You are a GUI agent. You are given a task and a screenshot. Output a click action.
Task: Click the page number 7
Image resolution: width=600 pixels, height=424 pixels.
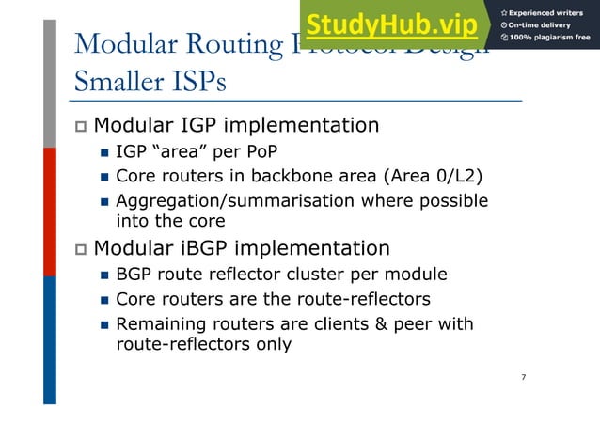(x=523, y=377)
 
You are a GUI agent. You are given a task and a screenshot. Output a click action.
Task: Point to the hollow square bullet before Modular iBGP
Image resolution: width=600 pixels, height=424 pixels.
(x=80, y=249)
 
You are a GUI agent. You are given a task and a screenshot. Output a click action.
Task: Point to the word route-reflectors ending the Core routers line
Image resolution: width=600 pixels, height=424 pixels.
(x=365, y=299)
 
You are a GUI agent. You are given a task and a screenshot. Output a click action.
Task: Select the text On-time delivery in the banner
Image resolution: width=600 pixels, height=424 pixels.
(x=545, y=24)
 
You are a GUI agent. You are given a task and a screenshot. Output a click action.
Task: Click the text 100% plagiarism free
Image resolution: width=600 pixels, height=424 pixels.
(x=551, y=38)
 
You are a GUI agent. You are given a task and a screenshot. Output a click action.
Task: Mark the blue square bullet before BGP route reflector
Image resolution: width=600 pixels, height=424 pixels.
(x=104, y=275)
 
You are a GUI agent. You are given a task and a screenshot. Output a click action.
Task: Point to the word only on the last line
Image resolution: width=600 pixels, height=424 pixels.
(x=273, y=344)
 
